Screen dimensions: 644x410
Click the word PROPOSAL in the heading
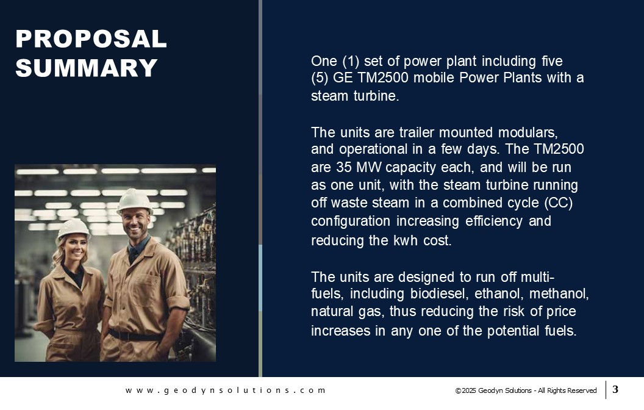coord(91,38)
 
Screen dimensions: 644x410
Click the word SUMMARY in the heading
coord(87,68)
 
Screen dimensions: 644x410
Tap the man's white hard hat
coord(135,201)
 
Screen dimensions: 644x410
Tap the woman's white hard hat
coord(73,228)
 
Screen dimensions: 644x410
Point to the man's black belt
coord(135,336)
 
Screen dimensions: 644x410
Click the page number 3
coord(615,389)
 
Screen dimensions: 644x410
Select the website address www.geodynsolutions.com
coord(226,390)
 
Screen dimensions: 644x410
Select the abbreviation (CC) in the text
coord(559,203)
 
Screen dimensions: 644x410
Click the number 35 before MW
coord(344,167)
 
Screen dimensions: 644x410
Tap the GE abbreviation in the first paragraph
coord(343,77)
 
